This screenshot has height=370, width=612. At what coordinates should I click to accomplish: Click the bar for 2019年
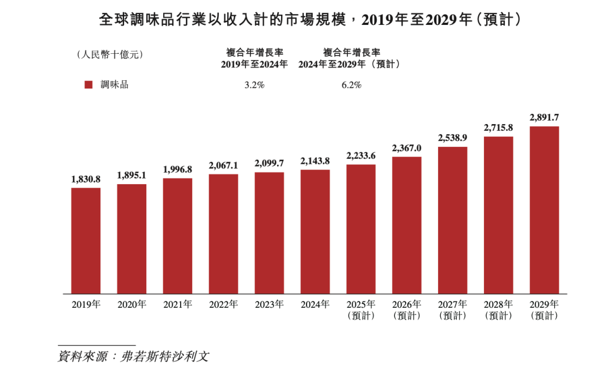86,240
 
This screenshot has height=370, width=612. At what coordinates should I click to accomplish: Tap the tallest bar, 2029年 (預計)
544,210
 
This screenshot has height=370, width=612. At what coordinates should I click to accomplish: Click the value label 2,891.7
544,117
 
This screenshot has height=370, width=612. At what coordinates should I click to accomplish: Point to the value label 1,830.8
86,178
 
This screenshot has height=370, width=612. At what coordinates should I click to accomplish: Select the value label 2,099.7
269,163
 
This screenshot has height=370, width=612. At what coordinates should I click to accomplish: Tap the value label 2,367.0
407,148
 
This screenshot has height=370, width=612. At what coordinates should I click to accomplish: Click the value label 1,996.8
178,169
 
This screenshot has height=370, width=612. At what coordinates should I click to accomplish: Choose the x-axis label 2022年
223,305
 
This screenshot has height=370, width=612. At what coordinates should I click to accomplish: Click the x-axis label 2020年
132,305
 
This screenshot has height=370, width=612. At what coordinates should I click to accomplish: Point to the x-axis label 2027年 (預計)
453,310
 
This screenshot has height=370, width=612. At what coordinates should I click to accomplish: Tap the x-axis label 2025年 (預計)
361,310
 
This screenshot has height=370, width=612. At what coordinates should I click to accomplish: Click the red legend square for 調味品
88,84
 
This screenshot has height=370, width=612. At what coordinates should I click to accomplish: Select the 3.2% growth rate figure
254,85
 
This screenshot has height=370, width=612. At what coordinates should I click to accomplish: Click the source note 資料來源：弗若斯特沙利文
134,357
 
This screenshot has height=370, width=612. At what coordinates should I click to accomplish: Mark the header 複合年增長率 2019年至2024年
254,58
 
